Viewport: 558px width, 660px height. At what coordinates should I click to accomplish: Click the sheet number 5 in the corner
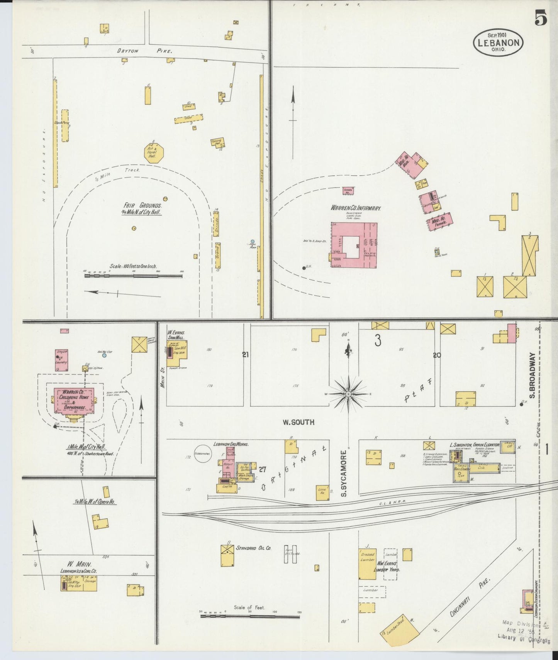coord(540,18)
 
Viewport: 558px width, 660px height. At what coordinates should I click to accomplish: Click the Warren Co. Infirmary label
coord(356,208)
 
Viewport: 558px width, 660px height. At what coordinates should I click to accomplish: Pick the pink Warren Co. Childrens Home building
coord(74,400)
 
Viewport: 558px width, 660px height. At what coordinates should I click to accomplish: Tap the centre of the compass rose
coord(348,394)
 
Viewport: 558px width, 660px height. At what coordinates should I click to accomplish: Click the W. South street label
coord(299,422)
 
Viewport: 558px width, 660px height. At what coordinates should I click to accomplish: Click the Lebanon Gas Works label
coord(231,444)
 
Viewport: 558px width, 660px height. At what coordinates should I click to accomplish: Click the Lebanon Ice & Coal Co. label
coord(78,571)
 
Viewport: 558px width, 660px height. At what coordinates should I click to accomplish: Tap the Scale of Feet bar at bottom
coord(249,616)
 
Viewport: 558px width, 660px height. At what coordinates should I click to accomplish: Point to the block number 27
coord(263,469)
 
